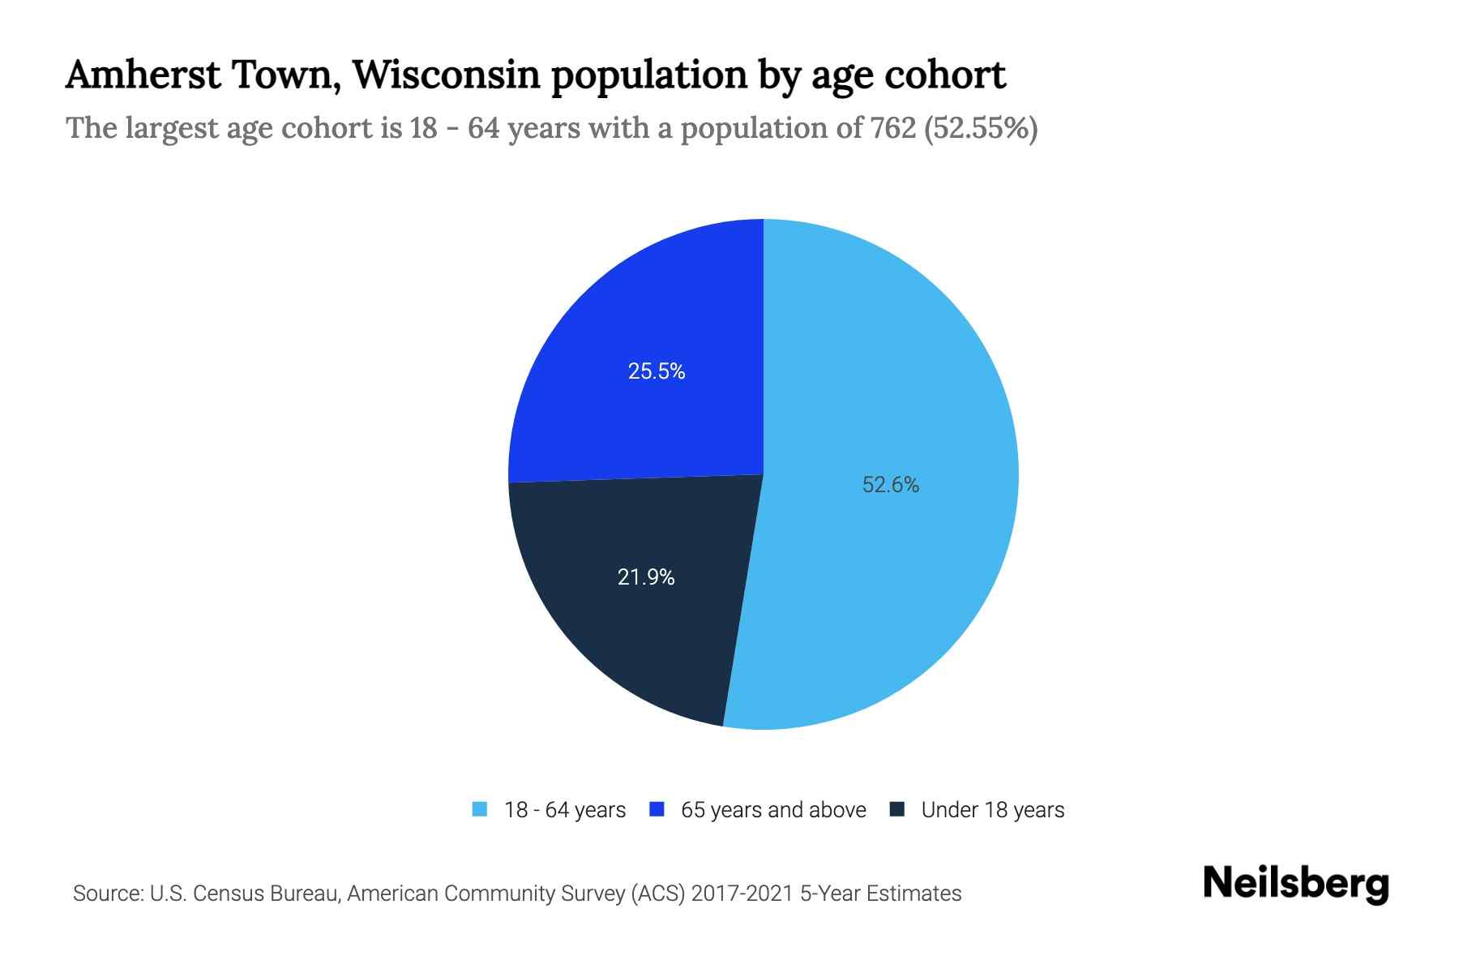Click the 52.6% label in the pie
coord(890,485)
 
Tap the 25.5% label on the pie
coord(657,371)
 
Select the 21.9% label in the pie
coord(646,577)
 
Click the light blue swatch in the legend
coord(480,809)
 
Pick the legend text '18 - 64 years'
coord(565,810)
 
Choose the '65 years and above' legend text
coord(773,810)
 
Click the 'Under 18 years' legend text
coord(992,810)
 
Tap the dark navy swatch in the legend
coord(897,809)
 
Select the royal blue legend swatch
coord(657,809)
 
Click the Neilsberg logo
coord(1295,884)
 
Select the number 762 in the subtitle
coord(893,128)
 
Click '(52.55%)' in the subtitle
coord(981,128)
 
